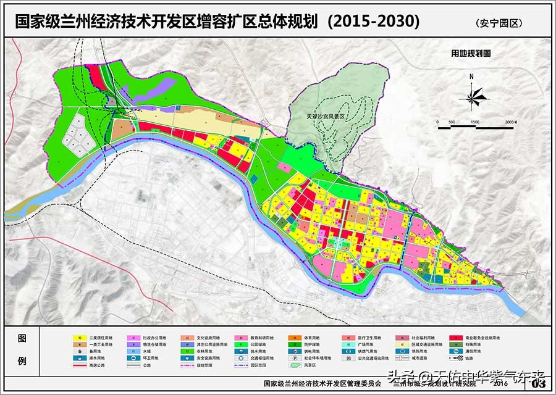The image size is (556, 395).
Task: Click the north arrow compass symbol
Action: pyautogui.click(x=474, y=96)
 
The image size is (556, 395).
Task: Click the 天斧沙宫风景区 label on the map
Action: pyautogui.click(x=328, y=115)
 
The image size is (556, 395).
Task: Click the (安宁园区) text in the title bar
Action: pyautogui.click(x=499, y=23)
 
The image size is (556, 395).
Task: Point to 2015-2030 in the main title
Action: pyautogui.click(x=373, y=21)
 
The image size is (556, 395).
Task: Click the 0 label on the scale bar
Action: pyautogui.click(x=437, y=123)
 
